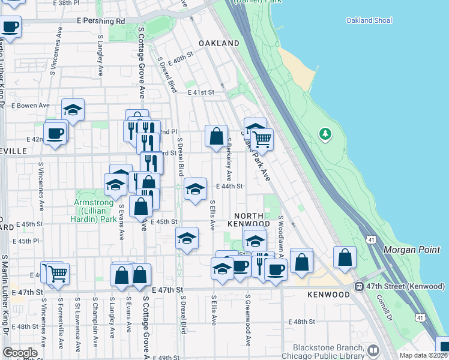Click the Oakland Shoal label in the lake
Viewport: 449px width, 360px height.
point(369,20)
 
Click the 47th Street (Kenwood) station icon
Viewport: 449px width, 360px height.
point(359,287)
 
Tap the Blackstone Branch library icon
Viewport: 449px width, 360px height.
point(373,349)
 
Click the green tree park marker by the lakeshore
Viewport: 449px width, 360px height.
point(325,133)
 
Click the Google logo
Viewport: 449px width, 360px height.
point(20,353)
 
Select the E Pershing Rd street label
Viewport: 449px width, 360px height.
point(100,21)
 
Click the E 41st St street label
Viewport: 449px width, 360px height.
point(200,92)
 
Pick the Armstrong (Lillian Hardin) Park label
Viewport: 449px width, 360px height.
point(95,211)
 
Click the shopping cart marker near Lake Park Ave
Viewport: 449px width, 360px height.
point(262,139)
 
